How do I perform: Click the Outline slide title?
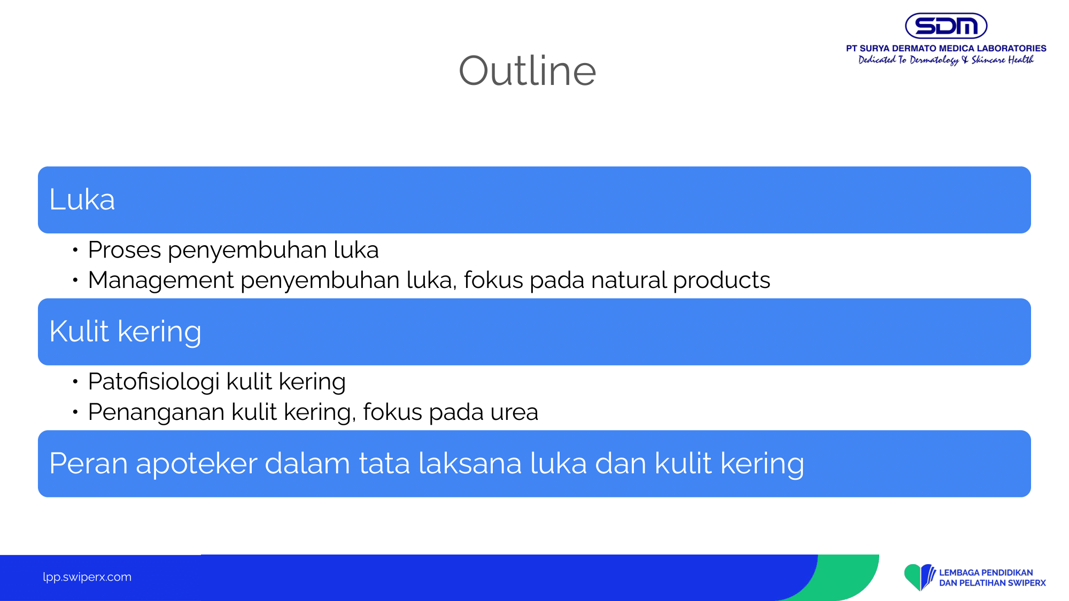pos(527,71)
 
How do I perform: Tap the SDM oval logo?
pos(946,26)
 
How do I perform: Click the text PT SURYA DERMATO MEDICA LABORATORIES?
pos(946,48)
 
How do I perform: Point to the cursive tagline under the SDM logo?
pos(946,60)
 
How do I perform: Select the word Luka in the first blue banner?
pos(82,200)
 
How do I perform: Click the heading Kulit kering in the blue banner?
pos(125,331)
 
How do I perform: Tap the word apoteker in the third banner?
pos(196,463)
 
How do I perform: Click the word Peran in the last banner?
pos(88,463)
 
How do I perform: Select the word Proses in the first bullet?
pos(125,250)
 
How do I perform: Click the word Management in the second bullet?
pos(161,280)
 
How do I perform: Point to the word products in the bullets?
pos(722,280)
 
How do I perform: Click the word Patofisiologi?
pos(154,382)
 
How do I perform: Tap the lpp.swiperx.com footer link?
pos(87,577)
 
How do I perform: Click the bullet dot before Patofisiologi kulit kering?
pos(75,381)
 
